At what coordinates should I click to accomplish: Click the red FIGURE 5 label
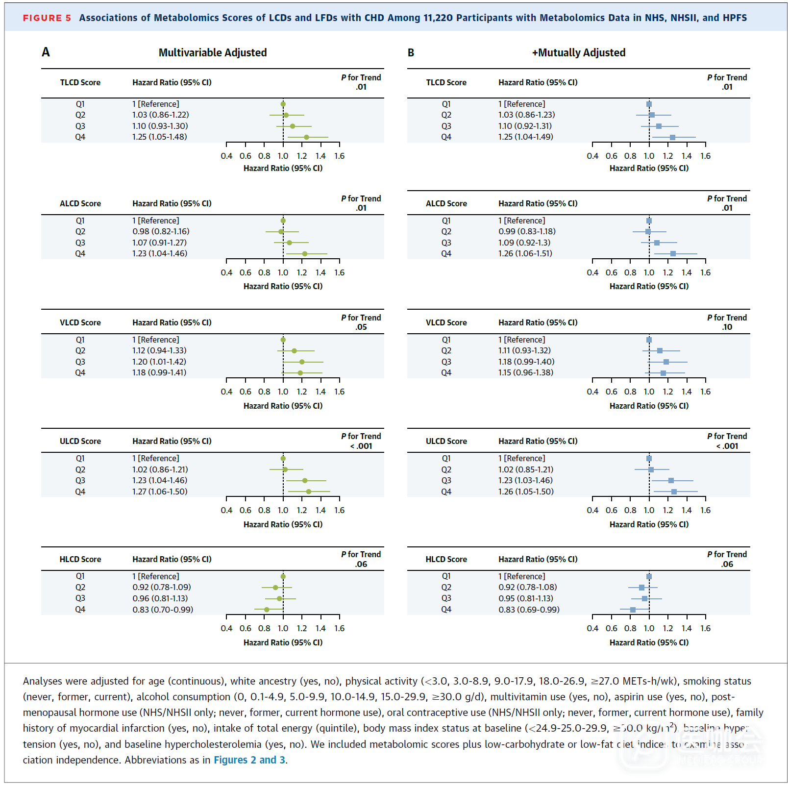[x=47, y=18]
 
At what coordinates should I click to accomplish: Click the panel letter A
[x=46, y=52]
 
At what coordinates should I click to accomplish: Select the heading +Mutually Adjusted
[x=578, y=53]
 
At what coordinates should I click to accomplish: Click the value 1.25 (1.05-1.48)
[x=159, y=137]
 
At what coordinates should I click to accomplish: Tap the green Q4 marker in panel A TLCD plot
[x=306, y=137]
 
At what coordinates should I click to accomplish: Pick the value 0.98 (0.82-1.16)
[x=161, y=231]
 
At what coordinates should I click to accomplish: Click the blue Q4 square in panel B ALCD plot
[x=673, y=254]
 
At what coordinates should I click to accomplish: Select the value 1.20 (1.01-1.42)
[x=159, y=362]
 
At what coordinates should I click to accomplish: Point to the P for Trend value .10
[x=727, y=327]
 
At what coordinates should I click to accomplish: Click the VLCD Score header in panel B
[x=446, y=322]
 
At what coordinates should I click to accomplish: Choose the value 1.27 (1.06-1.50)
[x=159, y=492]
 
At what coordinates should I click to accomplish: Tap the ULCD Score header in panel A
[x=80, y=441]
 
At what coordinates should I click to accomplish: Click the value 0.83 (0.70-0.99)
[x=163, y=610]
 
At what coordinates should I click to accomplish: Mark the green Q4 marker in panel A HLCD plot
[x=267, y=610]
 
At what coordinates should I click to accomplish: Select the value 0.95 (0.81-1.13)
[x=525, y=598]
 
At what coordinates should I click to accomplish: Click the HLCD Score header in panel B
[x=446, y=559]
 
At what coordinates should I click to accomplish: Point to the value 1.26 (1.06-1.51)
[x=525, y=254]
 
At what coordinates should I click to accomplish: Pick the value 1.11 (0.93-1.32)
[x=524, y=351]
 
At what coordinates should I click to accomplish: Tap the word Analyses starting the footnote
[x=42, y=681]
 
